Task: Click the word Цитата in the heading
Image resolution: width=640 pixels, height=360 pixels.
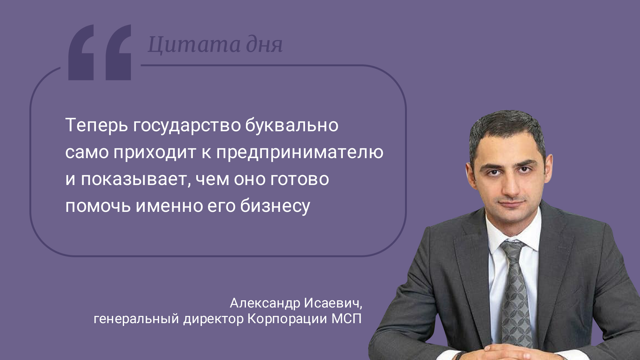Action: point(194,45)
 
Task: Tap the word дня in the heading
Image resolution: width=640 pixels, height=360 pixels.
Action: point(264,45)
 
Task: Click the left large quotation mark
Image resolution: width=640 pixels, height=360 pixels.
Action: point(81,52)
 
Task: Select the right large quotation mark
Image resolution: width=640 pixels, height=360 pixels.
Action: point(118,52)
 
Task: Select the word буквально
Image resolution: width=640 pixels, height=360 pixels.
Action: point(292,125)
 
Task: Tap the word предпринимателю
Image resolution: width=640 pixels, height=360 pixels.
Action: point(300,152)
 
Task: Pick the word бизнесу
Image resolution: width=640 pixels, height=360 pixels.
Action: point(275,206)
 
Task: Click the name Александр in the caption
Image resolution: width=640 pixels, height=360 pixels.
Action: point(265,303)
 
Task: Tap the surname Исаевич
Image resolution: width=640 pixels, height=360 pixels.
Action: point(333,303)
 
